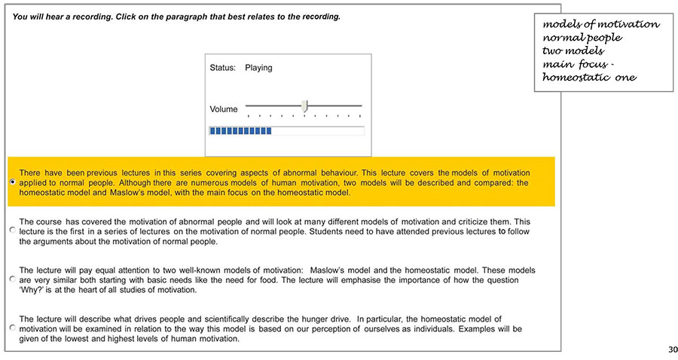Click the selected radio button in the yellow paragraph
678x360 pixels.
(x=12, y=182)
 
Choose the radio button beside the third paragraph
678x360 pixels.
(x=12, y=279)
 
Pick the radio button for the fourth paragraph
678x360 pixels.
(x=12, y=329)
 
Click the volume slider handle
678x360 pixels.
(x=304, y=106)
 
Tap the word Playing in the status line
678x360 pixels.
(x=258, y=68)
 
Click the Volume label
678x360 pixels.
(x=223, y=109)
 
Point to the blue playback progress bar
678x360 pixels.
(x=240, y=131)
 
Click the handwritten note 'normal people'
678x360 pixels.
(x=582, y=38)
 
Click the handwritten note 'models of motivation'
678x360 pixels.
(x=600, y=24)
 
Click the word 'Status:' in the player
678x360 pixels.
(x=222, y=68)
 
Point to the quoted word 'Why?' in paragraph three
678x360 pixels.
(x=31, y=290)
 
